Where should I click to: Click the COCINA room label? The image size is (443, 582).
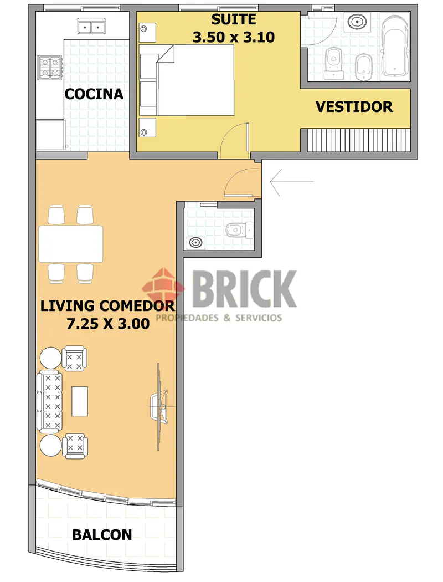coord(94,94)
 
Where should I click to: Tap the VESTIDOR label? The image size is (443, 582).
coord(354,107)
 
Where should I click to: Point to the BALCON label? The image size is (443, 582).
coord(102,535)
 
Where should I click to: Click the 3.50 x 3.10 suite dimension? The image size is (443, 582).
coord(234,37)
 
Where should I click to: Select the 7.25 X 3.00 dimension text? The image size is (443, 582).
coord(108,324)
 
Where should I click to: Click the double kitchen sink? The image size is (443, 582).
coord(91,27)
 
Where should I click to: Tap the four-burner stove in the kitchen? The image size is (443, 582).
coord(50,68)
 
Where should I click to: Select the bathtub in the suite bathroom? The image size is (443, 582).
coord(395,45)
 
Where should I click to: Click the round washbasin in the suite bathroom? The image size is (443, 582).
coord(357,22)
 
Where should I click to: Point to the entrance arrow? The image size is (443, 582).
coord(292,182)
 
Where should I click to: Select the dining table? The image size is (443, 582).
coord(70,244)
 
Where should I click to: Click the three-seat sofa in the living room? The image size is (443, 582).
coord(49,401)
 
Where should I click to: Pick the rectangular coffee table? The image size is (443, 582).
coord(80,401)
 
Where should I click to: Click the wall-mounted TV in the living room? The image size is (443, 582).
coord(159,406)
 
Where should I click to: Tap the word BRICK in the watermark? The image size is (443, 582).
coord(245,289)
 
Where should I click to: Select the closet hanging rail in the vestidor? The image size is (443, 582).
coord(359,140)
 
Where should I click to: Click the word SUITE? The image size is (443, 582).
coord(234,19)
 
